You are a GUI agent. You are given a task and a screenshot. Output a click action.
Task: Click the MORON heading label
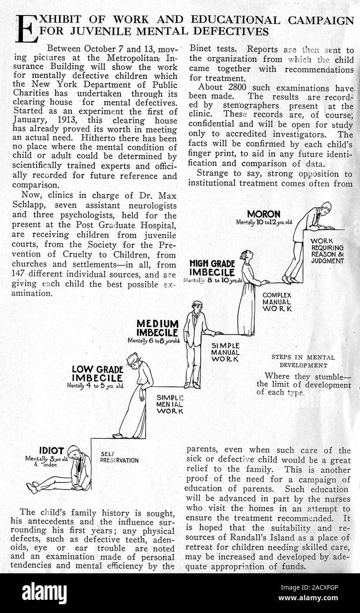tap(263, 214)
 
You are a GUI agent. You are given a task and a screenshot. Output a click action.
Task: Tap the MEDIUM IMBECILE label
tap(157, 328)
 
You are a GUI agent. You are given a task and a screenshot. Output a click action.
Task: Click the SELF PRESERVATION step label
tap(119, 457)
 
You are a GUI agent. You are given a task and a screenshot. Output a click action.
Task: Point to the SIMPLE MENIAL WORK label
tap(170, 404)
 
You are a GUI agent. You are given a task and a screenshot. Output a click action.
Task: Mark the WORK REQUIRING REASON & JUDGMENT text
tap(327, 251)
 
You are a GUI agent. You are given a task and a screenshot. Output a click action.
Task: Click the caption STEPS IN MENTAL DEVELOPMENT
tap(303, 361)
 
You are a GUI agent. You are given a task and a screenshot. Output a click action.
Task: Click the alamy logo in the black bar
tap(44, 593)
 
